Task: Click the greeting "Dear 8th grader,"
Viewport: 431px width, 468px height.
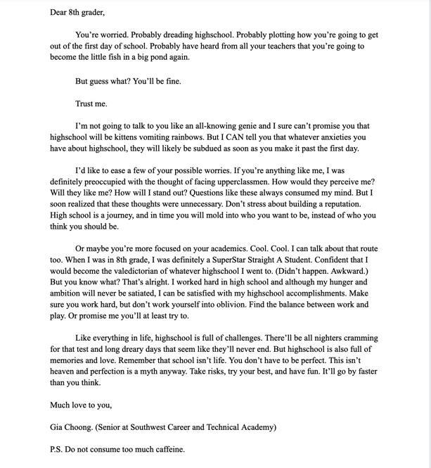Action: point(78,12)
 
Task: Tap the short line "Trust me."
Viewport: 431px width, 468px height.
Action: point(91,103)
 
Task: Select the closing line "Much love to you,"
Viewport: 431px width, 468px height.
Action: point(81,405)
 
